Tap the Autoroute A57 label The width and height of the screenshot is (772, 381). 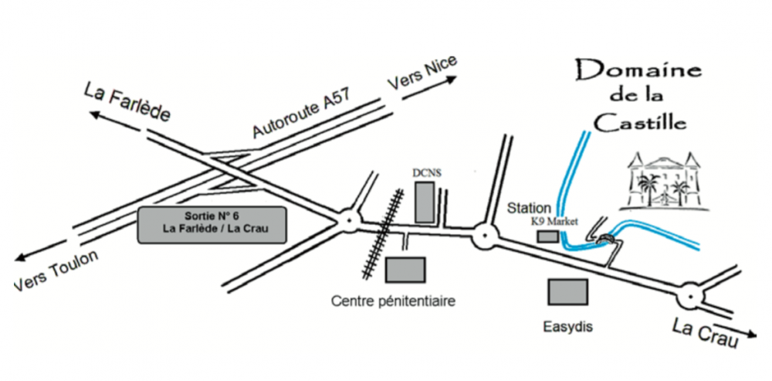(x=303, y=114)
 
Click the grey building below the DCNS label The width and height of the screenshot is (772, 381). (x=425, y=202)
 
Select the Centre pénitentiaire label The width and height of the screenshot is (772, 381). (x=392, y=300)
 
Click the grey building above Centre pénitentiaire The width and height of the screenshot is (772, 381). (x=405, y=269)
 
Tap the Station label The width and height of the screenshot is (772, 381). (x=530, y=208)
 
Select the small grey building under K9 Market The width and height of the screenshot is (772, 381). (x=547, y=236)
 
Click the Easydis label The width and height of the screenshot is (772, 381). (x=567, y=327)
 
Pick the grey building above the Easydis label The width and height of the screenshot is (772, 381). (x=567, y=291)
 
